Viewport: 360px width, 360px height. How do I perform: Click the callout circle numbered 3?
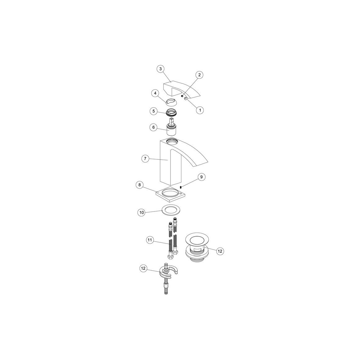(x=161, y=69)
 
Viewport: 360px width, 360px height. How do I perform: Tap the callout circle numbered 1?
(x=200, y=110)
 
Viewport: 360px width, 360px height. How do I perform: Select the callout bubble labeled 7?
(x=145, y=159)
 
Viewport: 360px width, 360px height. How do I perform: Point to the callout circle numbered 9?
(x=201, y=177)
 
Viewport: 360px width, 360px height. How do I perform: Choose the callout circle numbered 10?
(x=142, y=213)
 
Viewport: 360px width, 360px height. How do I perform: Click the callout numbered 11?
(x=150, y=240)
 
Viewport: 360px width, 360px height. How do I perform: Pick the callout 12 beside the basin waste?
(x=220, y=251)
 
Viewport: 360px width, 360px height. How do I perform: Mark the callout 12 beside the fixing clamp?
(x=144, y=269)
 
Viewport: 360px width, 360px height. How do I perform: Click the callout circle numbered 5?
(x=153, y=111)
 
